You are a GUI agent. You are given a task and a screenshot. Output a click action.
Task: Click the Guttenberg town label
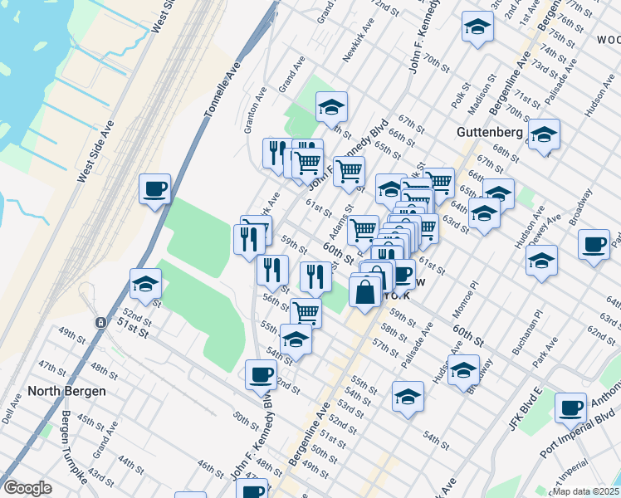tap(488, 132)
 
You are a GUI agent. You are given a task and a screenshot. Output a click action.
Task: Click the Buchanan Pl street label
tap(526, 333)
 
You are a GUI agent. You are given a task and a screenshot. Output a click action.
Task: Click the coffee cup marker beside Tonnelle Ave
tap(155, 190)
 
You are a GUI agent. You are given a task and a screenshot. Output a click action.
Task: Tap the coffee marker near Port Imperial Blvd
tap(571, 408)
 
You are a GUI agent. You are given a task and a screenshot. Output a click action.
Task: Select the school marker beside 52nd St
tap(145, 285)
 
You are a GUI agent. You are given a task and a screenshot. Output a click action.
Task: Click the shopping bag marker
tap(364, 292)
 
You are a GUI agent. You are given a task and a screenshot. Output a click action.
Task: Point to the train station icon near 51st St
tap(100, 322)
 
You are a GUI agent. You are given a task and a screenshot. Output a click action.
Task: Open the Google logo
tap(27, 488)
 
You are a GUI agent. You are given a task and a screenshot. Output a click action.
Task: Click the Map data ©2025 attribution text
tap(585, 491)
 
